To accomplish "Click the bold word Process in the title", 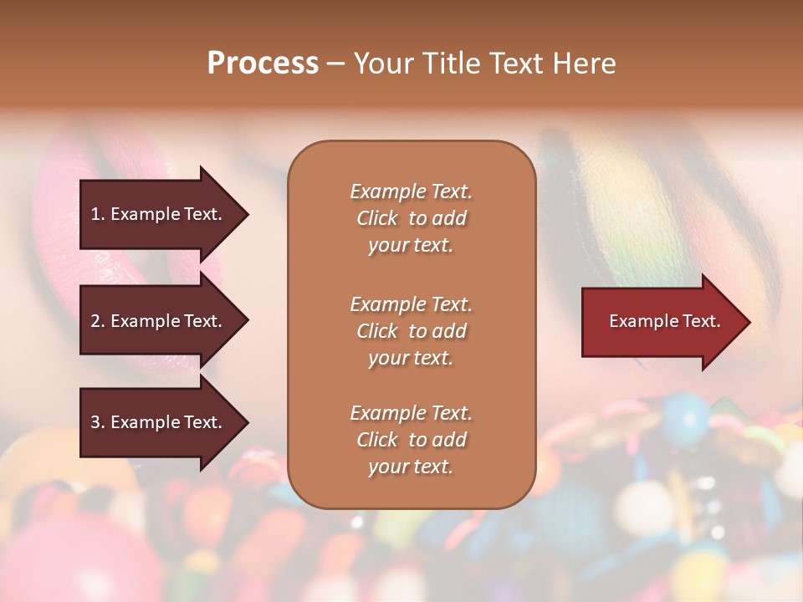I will [x=263, y=64].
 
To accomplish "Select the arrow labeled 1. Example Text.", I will [x=159, y=214].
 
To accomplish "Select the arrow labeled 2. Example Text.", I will [x=159, y=321].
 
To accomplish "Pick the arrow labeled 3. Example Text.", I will [x=159, y=422].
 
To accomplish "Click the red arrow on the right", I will [x=661, y=321].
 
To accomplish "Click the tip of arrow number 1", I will [x=246, y=214].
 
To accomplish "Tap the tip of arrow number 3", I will [x=246, y=422].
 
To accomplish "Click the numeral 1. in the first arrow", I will [x=98, y=214].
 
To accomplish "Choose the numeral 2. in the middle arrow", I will [x=98, y=321].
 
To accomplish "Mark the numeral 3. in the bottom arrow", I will [x=98, y=422].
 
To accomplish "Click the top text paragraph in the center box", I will [x=411, y=218].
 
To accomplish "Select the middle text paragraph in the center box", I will [x=411, y=331].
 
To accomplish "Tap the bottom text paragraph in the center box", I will [x=411, y=440].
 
